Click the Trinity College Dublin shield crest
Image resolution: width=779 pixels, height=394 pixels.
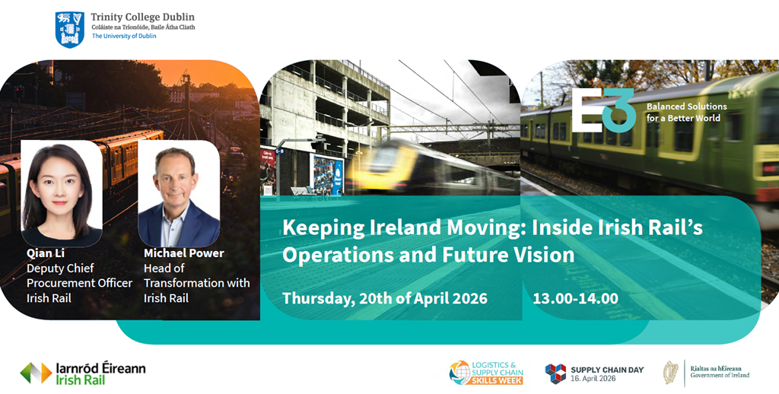click(x=69, y=30)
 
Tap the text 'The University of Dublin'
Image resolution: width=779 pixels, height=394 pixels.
click(x=124, y=37)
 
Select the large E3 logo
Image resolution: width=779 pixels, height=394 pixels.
click(x=603, y=110)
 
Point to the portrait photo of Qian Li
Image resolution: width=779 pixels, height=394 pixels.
click(x=62, y=193)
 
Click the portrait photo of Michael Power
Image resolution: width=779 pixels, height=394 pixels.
click(x=179, y=193)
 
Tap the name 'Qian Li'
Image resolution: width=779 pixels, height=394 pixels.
click(x=46, y=253)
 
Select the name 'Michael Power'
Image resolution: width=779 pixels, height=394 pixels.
click(x=184, y=253)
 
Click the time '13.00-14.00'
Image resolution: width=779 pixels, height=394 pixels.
click(x=575, y=299)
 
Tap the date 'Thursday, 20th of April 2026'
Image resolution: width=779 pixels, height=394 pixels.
click(x=385, y=299)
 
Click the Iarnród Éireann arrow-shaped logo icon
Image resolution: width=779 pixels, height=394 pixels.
click(x=36, y=373)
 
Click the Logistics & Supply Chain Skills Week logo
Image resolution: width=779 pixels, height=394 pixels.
click(x=486, y=373)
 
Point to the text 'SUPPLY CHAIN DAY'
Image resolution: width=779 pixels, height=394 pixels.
click(x=607, y=370)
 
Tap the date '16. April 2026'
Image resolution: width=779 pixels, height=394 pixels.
click(x=593, y=379)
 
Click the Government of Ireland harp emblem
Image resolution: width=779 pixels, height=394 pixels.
click(x=671, y=373)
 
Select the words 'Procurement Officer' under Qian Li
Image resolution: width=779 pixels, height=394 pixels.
click(x=79, y=283)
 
